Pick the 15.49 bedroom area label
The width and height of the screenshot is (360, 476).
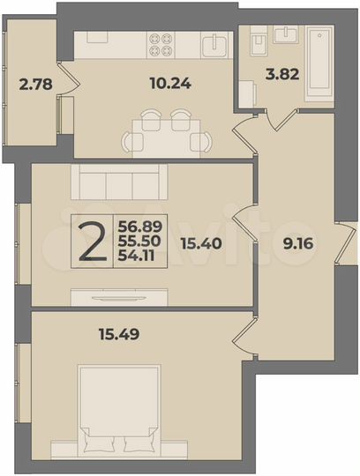click(118, 334)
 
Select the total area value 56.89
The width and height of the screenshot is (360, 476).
click(139, 227)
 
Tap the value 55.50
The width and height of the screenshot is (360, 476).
click(139, 241)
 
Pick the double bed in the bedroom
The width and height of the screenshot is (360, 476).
click(118, 410)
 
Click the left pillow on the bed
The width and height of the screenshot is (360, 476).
click(100, 443)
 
